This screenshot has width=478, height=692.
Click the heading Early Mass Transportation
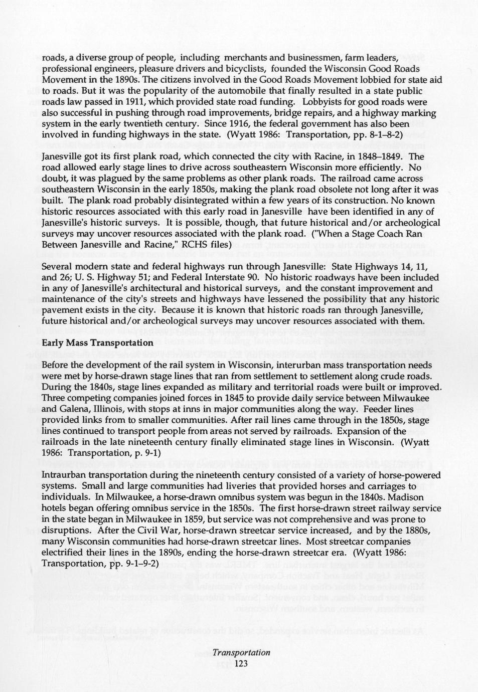point(97,343)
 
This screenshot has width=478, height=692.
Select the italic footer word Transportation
point(241,652)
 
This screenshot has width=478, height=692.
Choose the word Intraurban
point(64,475)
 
